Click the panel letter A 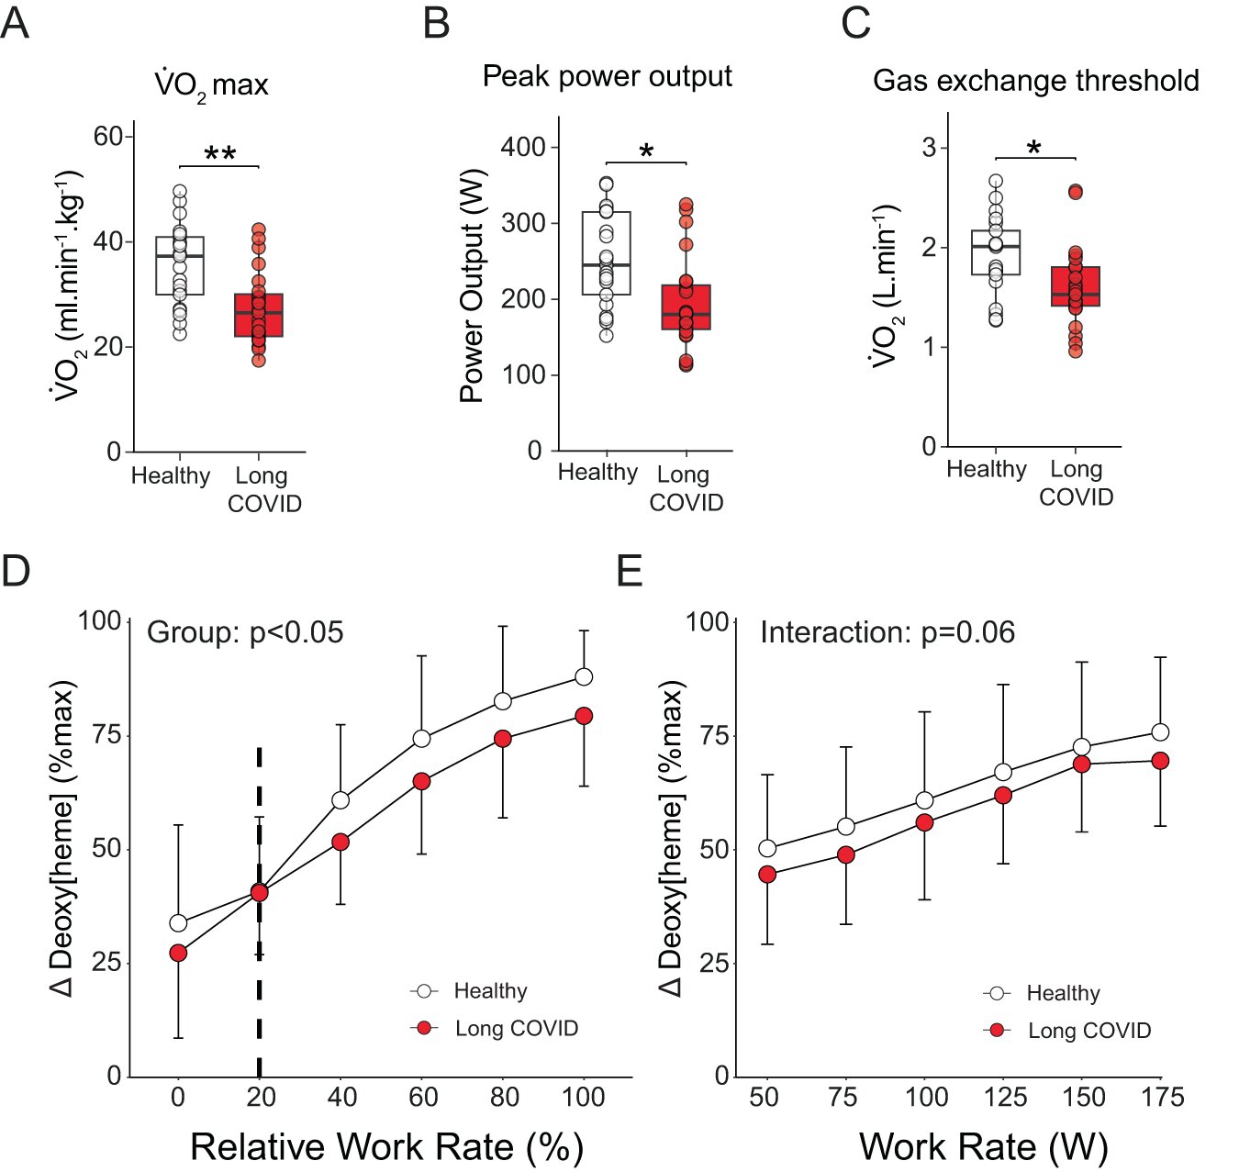16,22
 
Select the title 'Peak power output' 607,76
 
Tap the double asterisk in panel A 219,154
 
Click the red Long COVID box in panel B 686,307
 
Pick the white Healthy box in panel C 996,252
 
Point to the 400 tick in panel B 523,147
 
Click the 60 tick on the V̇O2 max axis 108,137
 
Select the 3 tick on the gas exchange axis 930,148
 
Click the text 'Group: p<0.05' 245,632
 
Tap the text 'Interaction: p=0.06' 887,632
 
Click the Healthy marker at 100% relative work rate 584,677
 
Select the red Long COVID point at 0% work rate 178,953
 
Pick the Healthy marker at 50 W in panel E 767,848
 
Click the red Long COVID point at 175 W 1160,761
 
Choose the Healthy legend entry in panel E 1044,993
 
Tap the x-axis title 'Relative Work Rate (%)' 386,1147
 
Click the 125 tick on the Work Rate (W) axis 1005,1098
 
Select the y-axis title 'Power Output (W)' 472,286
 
